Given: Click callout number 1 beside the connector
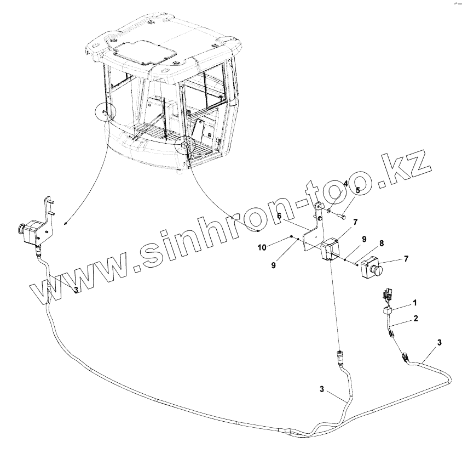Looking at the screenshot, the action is (x=414, y=302).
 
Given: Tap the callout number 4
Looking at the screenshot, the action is (x=345, y=184).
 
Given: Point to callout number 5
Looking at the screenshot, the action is (x=357, y=191).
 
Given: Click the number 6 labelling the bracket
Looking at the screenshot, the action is (x=279, y=216).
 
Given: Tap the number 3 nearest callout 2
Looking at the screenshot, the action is (x=439, y=343).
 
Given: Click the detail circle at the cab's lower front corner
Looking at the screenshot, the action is (x=184, y=145).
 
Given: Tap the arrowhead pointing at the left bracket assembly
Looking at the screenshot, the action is (x=66, y=224).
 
